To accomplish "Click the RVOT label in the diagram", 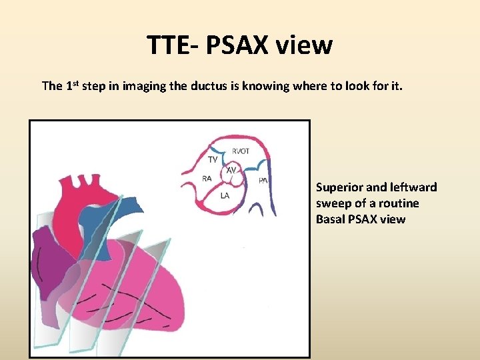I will tap(241, 151).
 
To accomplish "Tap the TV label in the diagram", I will tap(213, 160).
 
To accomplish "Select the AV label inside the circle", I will tap(231, 171).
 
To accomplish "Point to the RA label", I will tap(207, 178).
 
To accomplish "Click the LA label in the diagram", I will tap(225, 195).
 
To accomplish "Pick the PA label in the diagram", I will tap(263, 180).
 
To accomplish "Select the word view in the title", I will tap(305, 45).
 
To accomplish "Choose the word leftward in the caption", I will tap(415, 187).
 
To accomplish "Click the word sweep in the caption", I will tap(333, 203).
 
